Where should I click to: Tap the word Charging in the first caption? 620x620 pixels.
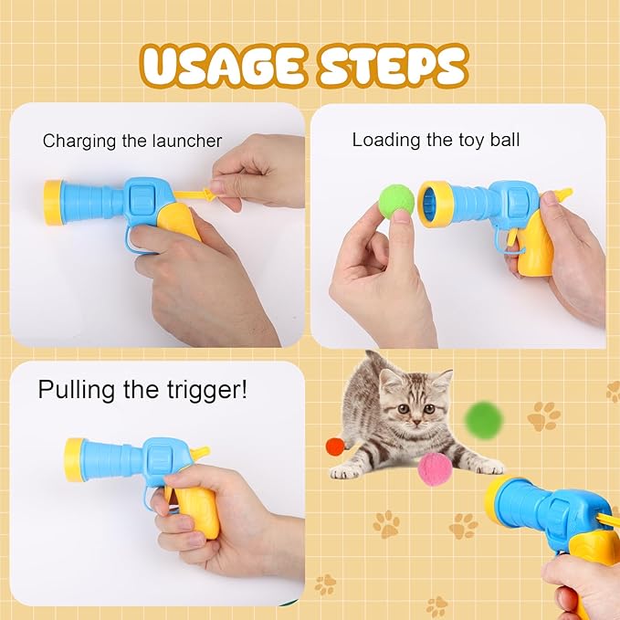coord(80,142)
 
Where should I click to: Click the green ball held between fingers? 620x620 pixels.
coord(396,199)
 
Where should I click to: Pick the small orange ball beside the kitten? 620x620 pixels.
coord(335,447)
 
